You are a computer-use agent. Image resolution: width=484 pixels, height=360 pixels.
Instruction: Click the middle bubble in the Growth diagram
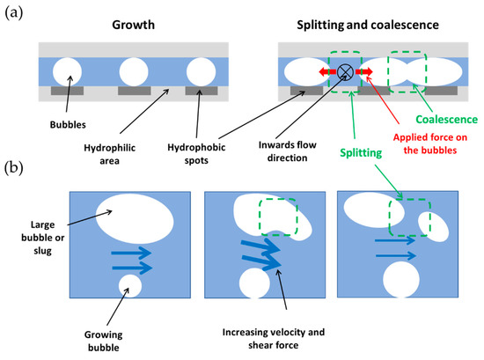134,71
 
